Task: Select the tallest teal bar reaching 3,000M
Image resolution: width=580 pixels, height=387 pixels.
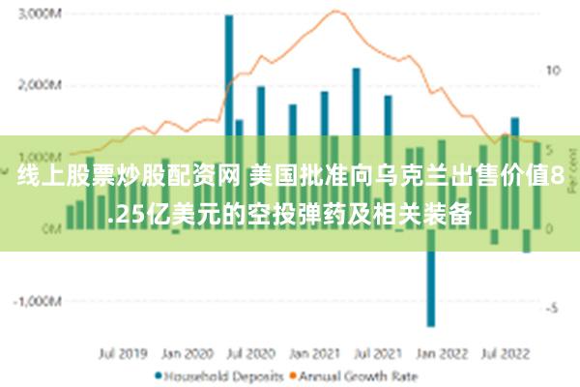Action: [x=229, y=77]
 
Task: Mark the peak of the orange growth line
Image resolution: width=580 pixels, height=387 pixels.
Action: [x=336, y=11]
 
